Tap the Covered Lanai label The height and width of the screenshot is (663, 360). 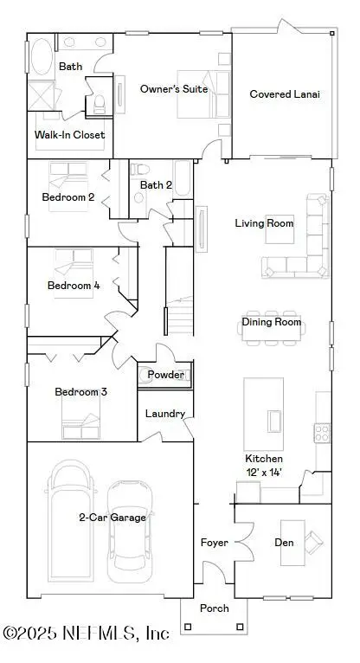[x=285, y=94]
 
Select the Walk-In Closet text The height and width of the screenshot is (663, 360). [x=69, y=135]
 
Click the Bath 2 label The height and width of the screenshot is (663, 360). [x=156, y=184]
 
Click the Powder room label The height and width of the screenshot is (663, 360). [x=165, y=375]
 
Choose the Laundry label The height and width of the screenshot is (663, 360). [x=164, y=414]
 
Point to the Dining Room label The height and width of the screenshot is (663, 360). [x=271, y=323]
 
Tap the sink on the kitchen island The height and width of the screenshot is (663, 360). [x=275, y=420]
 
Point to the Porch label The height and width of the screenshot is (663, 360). [x=214, y=608]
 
